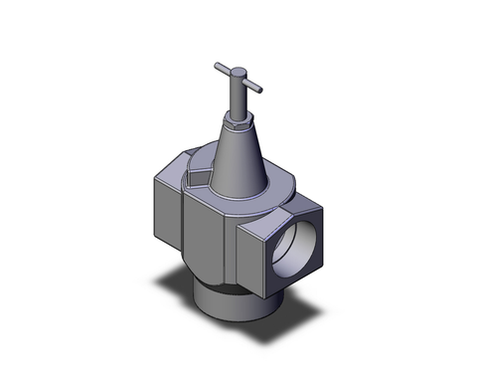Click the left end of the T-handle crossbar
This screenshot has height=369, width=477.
point(216,67)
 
